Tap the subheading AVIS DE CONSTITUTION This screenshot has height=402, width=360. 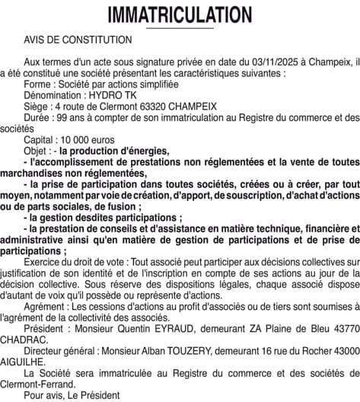tap(78, 38)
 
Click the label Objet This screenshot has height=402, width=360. tap(36, 152)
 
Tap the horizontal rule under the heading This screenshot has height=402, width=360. tap(180, 27)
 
